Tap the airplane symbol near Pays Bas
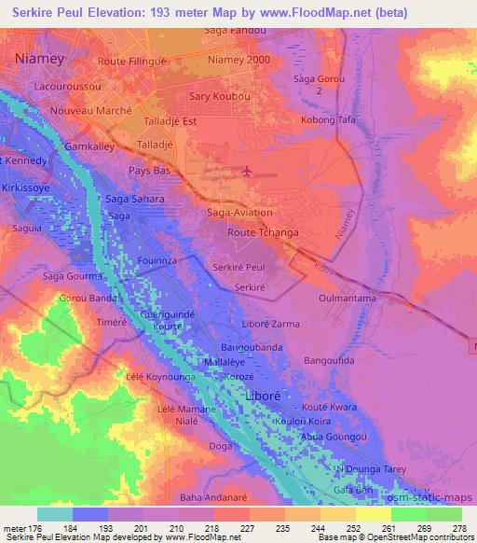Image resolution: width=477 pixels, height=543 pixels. [x=246, y=171]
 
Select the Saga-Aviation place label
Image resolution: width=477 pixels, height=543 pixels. [x=238, y=213]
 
